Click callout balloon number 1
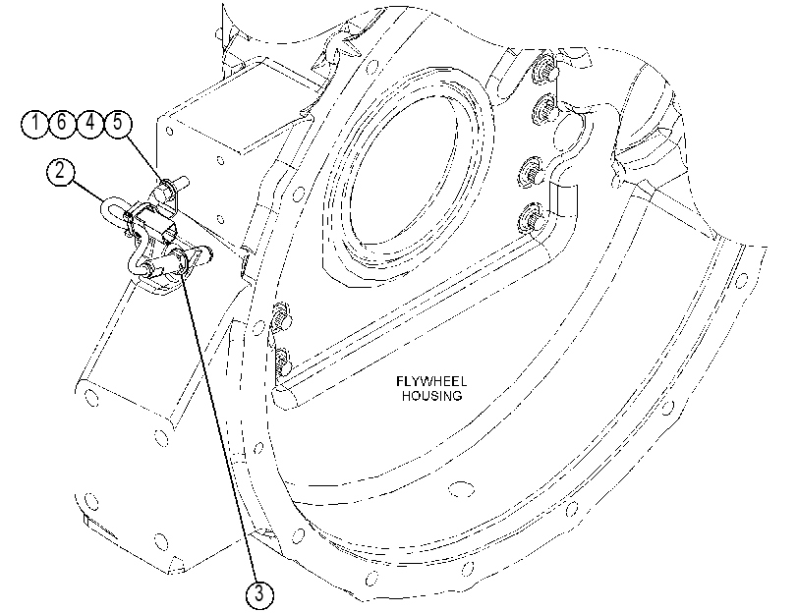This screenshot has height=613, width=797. [35, 124]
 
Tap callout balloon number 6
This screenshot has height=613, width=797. [63, 124]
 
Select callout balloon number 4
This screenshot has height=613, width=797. [90, 124]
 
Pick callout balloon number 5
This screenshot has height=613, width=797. [118, 124]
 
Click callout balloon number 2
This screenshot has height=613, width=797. [61, 171]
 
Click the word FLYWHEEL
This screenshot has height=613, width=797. [431, 381]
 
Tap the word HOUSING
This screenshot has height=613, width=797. [432, 396]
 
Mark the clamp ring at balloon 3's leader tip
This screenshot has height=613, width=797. [182, 260]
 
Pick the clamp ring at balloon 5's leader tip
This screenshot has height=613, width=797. [164, 188]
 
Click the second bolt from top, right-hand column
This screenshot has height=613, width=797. [543, 108]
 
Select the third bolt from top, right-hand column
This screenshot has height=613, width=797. [533, 173]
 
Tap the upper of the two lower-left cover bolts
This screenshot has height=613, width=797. [281, 317]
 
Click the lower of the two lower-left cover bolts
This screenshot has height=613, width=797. [283, 362]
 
